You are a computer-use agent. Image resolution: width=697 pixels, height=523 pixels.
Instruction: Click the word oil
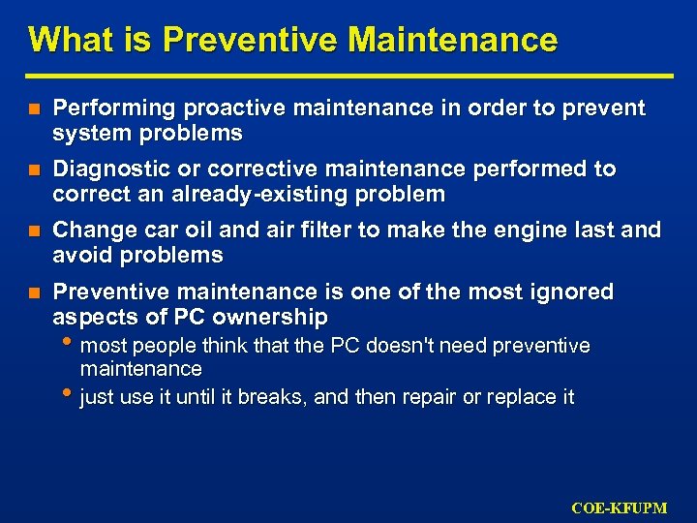pyautogui.click(x=196, y=231)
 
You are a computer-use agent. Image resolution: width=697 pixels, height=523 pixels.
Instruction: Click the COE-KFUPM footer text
pyautogui.click(x=619, y=507)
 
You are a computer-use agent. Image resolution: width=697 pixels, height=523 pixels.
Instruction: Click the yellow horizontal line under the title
pyautogui.click(x=349, y=76)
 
